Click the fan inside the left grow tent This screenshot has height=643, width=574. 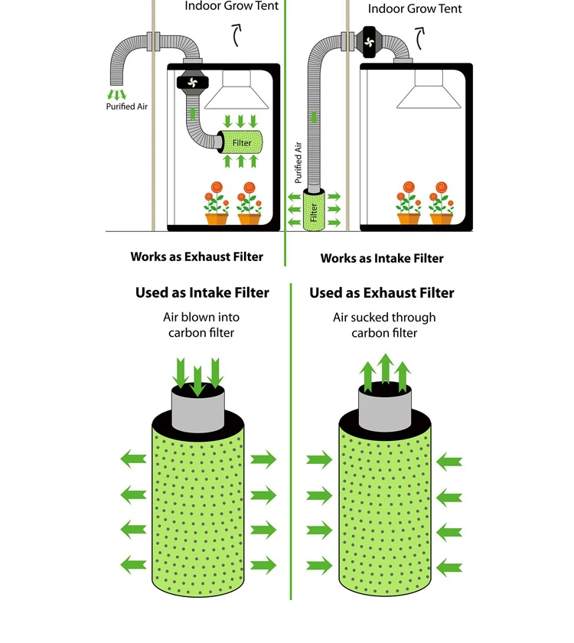pos(192,83)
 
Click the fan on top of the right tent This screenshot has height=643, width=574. pos(369,42)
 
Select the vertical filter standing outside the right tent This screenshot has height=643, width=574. pos(314,210)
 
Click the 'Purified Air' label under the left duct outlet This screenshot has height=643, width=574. pos(127,106)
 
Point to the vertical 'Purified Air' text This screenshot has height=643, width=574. pos(298,162)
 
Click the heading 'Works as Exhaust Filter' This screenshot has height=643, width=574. pos(197,256)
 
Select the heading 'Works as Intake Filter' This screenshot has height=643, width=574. pos(382,259)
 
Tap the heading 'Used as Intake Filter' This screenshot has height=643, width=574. pos(202,292)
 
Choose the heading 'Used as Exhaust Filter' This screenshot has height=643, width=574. pos(382,292)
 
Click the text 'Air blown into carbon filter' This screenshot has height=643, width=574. pos(201,325)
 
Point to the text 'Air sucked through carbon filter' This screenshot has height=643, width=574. pos(384,325)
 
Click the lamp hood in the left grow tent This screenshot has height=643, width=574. pos(236,90)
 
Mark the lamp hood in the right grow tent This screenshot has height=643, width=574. pos(429,90)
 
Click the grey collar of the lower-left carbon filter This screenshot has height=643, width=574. pos(197,408)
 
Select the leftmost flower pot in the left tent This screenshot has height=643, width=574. pos(216,219)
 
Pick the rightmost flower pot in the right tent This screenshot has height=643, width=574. pos(441,219)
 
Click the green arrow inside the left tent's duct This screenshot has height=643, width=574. pos(192,114)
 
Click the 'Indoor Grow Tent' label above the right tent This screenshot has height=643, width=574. pos(415,8)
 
